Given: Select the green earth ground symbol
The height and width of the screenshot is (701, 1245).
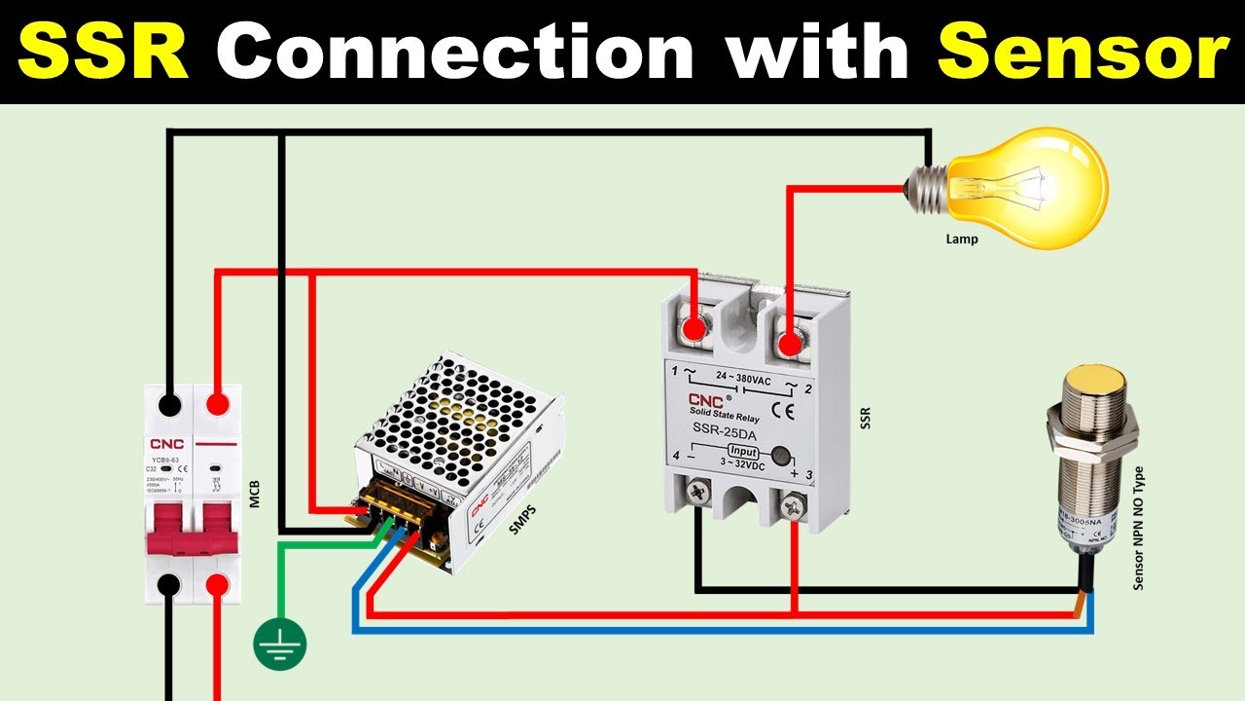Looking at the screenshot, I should [x=280, y=645].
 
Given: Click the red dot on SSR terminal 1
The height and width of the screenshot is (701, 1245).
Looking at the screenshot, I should [x=693, y=331].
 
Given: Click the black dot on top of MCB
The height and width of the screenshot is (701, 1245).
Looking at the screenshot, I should [x=171, y=401].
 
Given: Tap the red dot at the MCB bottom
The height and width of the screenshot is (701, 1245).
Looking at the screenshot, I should [x=216, y=585].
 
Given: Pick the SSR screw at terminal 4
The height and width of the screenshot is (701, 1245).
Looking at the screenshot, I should [x=697, y=492].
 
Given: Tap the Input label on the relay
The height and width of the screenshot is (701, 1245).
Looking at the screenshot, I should [x=742, y=451].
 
